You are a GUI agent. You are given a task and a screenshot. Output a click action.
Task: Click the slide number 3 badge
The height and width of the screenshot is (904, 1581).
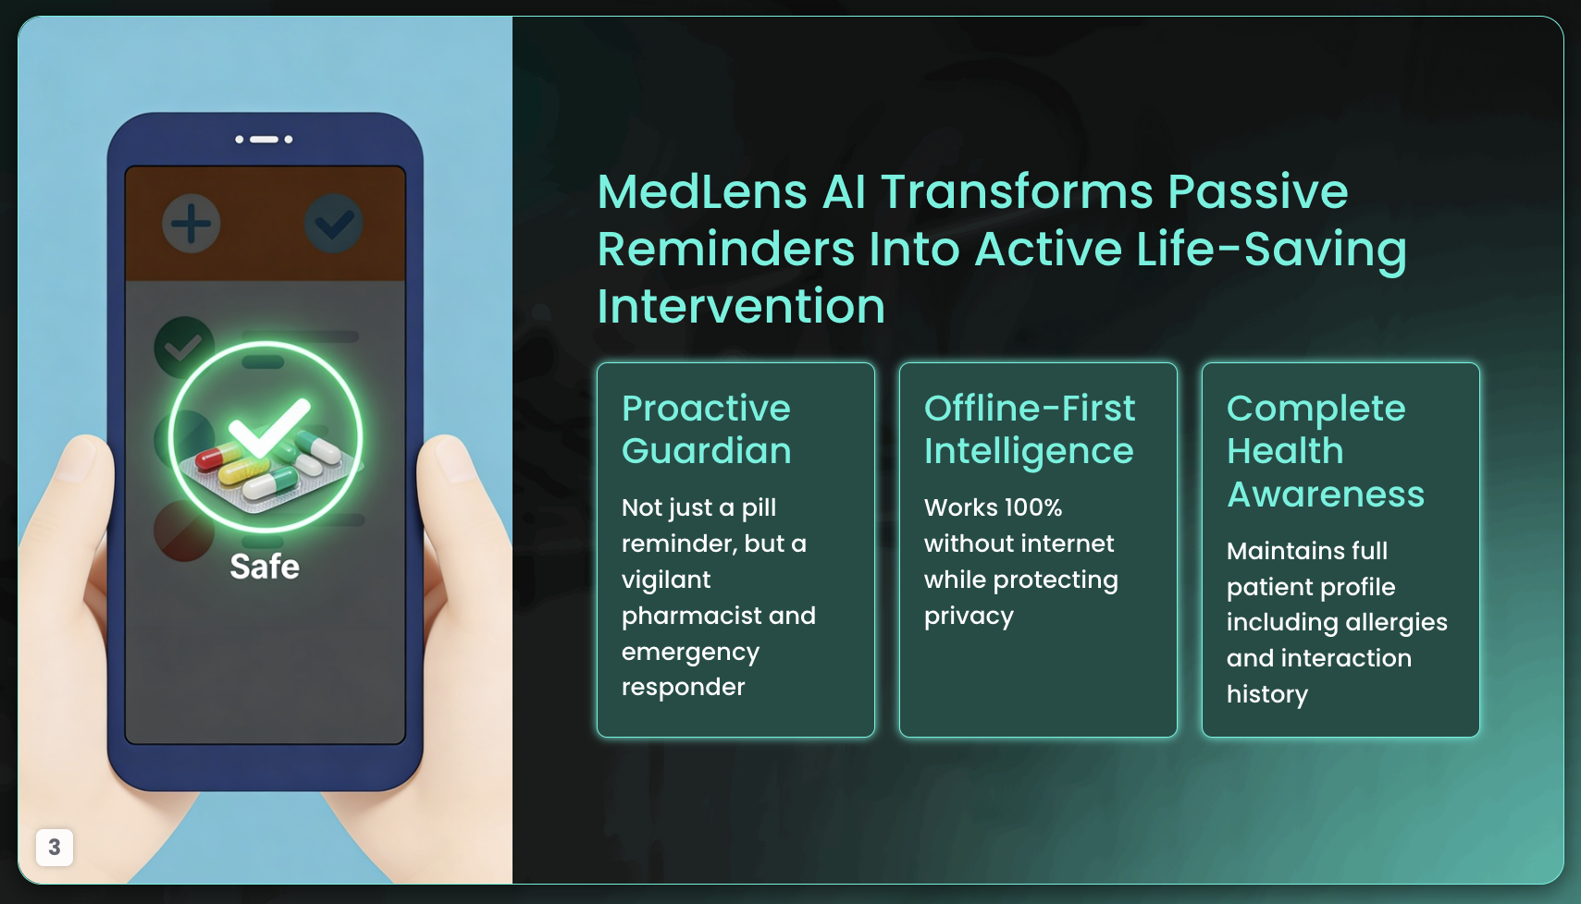click(55, 847)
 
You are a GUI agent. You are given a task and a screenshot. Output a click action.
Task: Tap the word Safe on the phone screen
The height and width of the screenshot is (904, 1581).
click(265, 567)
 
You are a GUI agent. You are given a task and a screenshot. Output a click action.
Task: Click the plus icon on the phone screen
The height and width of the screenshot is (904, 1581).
click(191, 224)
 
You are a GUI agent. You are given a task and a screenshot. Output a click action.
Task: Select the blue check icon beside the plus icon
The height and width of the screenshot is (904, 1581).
click(334, 224)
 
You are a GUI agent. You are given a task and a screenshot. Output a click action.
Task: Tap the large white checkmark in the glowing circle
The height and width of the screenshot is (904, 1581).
click(269, 427)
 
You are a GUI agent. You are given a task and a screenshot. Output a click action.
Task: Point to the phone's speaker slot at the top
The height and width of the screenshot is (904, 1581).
click(264, 139)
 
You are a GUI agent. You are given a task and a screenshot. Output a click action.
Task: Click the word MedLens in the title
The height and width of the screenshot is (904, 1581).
click(702, 192)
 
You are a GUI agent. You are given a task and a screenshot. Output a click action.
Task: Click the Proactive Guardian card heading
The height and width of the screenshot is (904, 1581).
click(707, 429)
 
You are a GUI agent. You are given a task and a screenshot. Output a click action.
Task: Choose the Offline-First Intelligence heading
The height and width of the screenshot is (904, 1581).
click(1030, 429)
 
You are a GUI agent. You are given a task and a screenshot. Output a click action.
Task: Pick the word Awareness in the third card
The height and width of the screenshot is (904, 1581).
click(1326, 494)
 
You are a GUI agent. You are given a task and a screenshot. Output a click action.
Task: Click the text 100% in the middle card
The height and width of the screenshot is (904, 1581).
click(1033, 507)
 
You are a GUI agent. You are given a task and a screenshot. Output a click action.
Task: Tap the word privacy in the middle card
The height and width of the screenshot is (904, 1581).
click(970, 617)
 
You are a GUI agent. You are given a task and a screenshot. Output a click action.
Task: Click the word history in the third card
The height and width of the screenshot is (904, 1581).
click(1266, 694)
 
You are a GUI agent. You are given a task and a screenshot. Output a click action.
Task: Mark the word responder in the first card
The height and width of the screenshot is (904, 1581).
click(684, 688)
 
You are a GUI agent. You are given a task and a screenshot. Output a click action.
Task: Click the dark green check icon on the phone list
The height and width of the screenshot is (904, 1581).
click(184, 347)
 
